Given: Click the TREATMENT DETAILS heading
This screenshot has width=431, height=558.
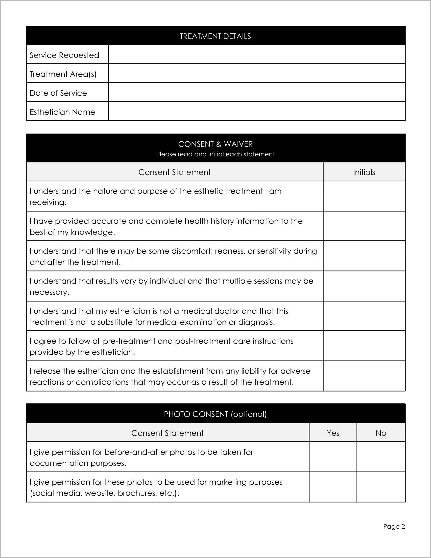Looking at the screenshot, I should (215, 36).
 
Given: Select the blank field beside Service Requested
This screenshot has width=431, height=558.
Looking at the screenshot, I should (256, 54).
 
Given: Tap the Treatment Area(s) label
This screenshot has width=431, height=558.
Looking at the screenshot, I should (63, 74).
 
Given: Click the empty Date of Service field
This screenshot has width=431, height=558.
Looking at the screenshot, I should (256, 92).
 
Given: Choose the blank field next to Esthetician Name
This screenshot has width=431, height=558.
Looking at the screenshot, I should (256, 111).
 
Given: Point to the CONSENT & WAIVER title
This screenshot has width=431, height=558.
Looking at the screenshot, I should (215, 144).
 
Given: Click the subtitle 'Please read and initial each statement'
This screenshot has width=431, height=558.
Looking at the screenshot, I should (215, 154).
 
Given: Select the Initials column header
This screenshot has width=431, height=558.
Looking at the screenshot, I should (364, 172).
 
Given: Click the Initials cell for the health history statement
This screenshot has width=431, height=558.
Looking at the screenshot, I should (364, 226).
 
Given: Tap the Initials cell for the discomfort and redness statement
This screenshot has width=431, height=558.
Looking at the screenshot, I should (364, 256).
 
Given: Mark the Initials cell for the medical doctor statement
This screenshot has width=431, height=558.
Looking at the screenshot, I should (364, 316).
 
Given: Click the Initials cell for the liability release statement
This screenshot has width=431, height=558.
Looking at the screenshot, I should (364, 376).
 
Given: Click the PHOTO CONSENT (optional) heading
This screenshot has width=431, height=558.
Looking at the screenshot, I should (215, 414).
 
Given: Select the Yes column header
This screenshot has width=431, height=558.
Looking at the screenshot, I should (333, 433).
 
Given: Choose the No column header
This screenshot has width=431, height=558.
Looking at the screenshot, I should (381, 433).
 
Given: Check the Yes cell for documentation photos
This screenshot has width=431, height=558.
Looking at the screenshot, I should (333, 457).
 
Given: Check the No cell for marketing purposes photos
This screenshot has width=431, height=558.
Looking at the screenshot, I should (381, 487).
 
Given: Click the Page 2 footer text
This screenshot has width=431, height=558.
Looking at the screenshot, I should (394, 526).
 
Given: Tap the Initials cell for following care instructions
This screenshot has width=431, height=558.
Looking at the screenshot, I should (364, 346).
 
